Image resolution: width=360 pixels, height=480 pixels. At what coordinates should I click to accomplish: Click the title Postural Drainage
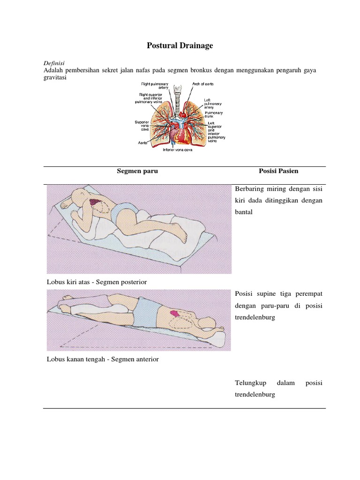tap(180, 45)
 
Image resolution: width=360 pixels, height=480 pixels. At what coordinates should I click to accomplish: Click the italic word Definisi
tap(53, 63)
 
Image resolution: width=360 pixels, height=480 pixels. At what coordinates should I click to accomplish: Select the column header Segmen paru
tap(137, 171)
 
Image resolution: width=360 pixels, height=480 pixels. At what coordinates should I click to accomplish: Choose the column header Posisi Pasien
tap(278, 171)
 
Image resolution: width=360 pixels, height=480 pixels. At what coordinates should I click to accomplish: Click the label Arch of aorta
tap(202, 84)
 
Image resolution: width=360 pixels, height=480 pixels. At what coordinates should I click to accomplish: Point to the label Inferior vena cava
tap(177, 150)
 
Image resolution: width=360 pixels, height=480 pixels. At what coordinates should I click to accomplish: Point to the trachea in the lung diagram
tap(178, 96)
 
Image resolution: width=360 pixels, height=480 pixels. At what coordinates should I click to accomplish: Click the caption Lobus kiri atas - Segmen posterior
tap(97, 282)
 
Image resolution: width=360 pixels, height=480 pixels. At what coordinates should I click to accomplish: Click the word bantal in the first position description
tap(244, 212)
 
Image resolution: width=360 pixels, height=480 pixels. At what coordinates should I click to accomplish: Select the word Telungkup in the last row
tap(248, 383)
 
